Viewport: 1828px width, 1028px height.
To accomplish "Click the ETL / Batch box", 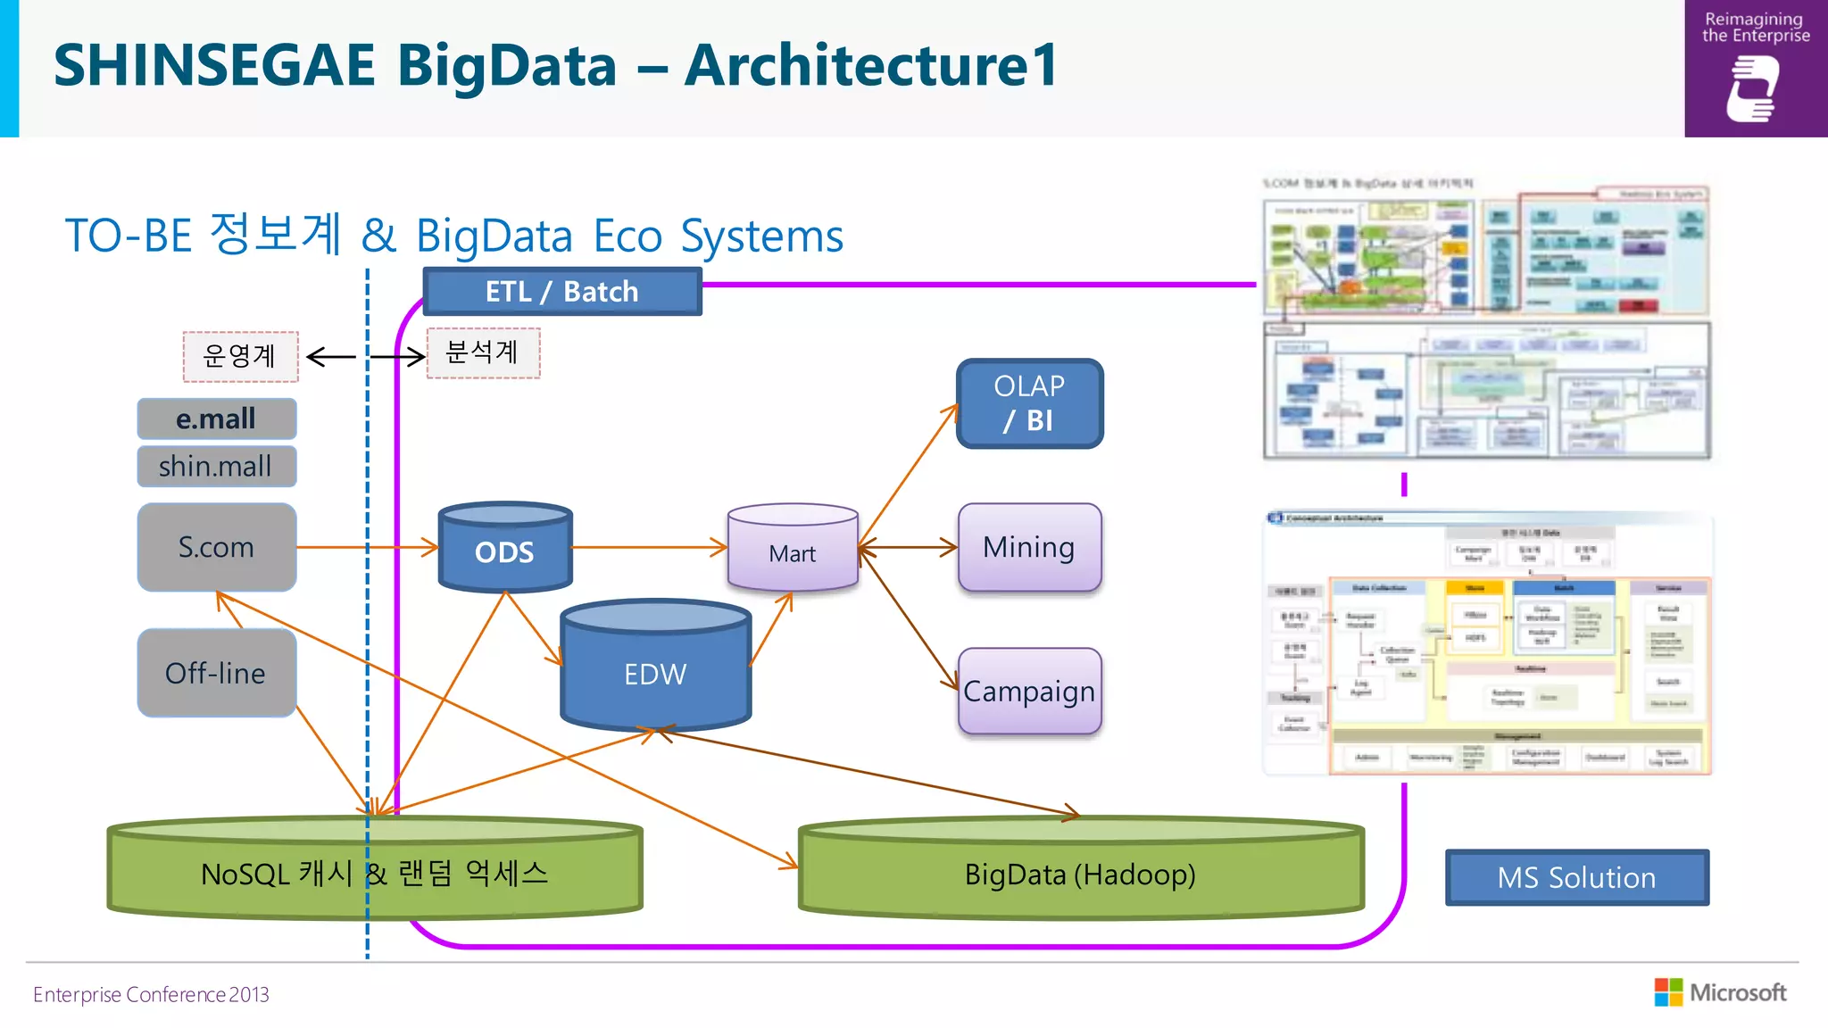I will pyautogui.click(x=562, y=292).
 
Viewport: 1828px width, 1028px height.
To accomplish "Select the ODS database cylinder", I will pyautogui.click(x=505, y=551).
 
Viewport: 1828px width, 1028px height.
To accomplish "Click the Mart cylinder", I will pyautogui.click(x=793, y=552).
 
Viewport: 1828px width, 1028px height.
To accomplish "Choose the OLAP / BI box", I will pyautogui.click(x=1029, y=403).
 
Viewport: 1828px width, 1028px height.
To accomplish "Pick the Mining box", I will pyautogui.click(x=1029, y=547).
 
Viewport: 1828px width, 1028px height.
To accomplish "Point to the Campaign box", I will pyautogui.click(x=1029, y=692).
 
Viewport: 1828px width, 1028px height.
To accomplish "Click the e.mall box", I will pyautogui.click(x=217, y=419).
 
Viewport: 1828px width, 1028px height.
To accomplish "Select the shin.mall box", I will pyautogui.click(x=217, y=466).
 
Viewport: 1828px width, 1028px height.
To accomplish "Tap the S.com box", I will pyautogui.click(x=217, y=547).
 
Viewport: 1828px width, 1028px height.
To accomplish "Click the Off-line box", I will pyautogui.click(x=217, y=673).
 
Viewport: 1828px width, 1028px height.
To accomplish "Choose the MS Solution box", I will pyautogui.click(x=1576, y=877).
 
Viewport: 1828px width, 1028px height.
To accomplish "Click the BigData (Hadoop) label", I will pyautogui.click(x=1080, y=875).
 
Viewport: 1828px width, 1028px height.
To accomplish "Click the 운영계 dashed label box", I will pyautogui.click(x=240, y=356).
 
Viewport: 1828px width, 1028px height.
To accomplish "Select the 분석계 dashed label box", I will pyautogui.click(x=483, y=352).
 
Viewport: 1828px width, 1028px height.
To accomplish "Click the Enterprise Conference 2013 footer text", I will pyautogui.click(x=151, y=994).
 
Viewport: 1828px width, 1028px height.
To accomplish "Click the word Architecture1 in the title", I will pyautogui.click(x=871, y=65).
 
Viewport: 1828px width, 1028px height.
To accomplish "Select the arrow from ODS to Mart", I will pyautogui.click(x=650, y=547).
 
